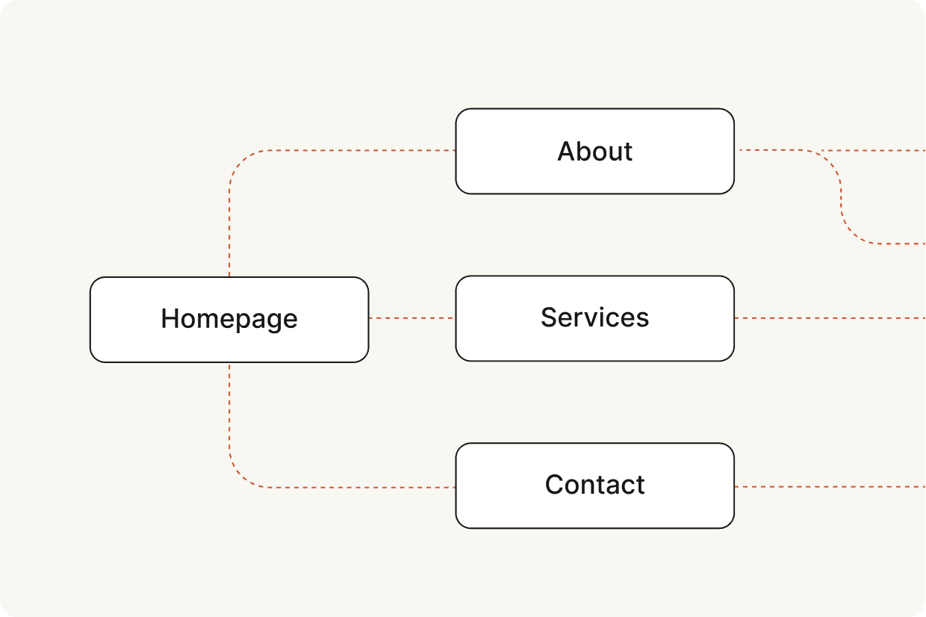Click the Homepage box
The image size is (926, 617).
229,320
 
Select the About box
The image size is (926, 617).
595,152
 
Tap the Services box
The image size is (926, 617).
595,318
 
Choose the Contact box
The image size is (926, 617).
595,486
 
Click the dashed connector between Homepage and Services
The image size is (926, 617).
412,318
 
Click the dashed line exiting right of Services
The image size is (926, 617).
830,318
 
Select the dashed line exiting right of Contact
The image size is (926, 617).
830,487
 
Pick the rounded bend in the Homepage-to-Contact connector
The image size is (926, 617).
241,476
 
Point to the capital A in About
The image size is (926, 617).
567,151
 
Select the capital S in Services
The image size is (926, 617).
550,317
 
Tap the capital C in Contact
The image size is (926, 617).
555,484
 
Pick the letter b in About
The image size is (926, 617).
587,151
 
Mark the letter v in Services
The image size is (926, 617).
592,320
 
